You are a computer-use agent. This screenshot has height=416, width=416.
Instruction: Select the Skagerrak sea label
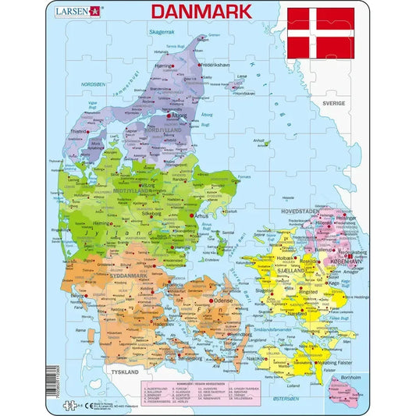point(162,32)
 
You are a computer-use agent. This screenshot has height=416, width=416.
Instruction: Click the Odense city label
point(223,300)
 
